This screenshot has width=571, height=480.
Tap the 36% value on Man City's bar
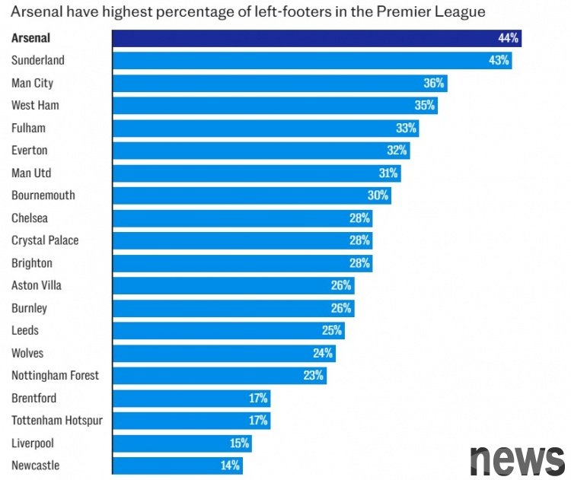[434, 83]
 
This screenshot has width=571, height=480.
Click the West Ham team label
[35, 106]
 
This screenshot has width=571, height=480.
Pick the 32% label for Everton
[397, 151]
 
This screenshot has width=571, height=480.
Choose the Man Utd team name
[31, 173]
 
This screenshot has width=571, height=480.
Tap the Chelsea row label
[30, 218]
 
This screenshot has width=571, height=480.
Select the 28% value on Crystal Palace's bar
[360, 240]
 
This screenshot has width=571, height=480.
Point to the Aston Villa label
[37, 285]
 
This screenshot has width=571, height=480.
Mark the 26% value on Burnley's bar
[341, 308]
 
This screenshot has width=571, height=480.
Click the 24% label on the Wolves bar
[323, 353]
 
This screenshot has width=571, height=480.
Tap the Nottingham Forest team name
[55, 375]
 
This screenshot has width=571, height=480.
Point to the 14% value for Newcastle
[230, 465]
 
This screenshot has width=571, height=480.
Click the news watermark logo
[517, 459]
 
